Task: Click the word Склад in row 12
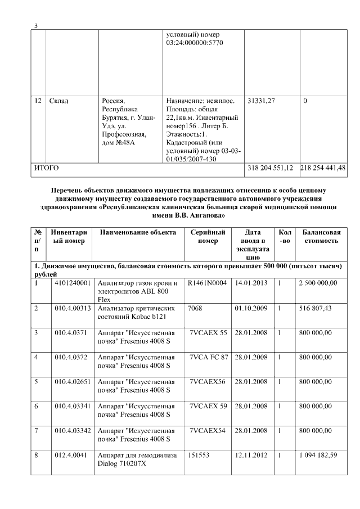click(59, 101)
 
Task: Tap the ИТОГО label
click(47, 168)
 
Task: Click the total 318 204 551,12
click(271, 168)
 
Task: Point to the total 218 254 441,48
click(323, 168)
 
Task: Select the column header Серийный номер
click(208, 236)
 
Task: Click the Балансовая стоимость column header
click(321, 236)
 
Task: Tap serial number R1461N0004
click(208, 283)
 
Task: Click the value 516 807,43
click(318, 308)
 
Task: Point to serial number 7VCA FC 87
click(209, 357)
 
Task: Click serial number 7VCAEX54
click(207, 430)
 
